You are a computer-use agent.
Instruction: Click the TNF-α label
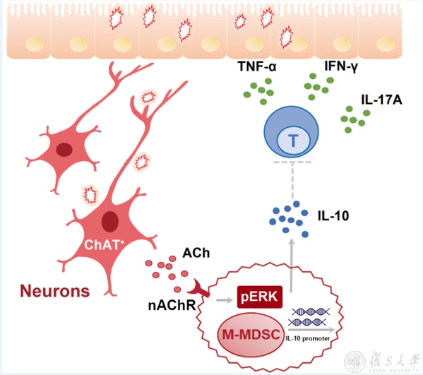257,66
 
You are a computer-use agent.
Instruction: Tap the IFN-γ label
341,66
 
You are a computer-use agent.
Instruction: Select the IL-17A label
381,100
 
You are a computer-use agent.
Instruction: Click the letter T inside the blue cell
293,141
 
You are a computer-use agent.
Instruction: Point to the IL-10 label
333,216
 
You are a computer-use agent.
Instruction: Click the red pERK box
260,297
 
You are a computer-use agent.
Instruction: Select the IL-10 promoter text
308,338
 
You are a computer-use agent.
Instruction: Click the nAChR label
172,305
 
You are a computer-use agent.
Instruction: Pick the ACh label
196,253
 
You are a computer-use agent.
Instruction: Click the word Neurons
55,291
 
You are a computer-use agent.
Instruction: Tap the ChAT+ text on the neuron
104,245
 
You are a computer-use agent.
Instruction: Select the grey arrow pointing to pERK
225,299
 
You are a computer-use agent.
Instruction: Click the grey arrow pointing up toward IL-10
292,266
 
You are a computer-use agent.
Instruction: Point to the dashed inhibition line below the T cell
292,180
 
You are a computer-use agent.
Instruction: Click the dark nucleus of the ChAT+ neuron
109,222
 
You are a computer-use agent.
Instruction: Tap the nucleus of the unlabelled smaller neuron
64,150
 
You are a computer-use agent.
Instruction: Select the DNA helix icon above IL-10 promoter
309,316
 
